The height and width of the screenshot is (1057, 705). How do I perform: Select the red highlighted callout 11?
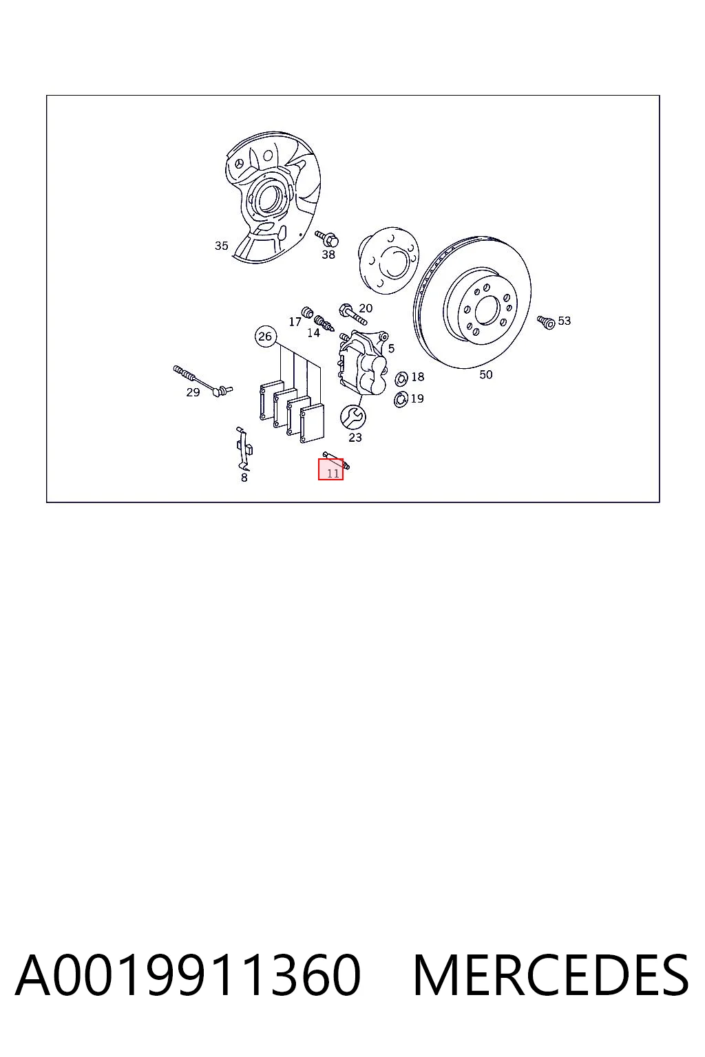point(330,469)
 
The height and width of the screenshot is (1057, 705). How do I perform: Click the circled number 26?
point(265,337)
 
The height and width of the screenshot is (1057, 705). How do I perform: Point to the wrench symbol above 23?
point(352,416)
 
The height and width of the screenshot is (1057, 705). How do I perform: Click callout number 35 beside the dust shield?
point(222,246)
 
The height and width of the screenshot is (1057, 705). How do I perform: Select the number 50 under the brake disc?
point(486,374)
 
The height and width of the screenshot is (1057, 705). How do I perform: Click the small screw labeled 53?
point(547,322)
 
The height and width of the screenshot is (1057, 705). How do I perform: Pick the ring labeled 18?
point(401,378)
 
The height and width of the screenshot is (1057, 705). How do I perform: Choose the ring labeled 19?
point(401,400)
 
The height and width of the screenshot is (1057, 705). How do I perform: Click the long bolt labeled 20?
point(352,314)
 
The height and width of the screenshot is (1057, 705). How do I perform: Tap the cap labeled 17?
point(307,312)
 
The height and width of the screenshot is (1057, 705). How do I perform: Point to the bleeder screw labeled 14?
point(324,323)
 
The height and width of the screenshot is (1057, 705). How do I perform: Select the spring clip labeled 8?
point(244,448)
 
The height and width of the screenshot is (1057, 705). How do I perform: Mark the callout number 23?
point(355,438)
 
